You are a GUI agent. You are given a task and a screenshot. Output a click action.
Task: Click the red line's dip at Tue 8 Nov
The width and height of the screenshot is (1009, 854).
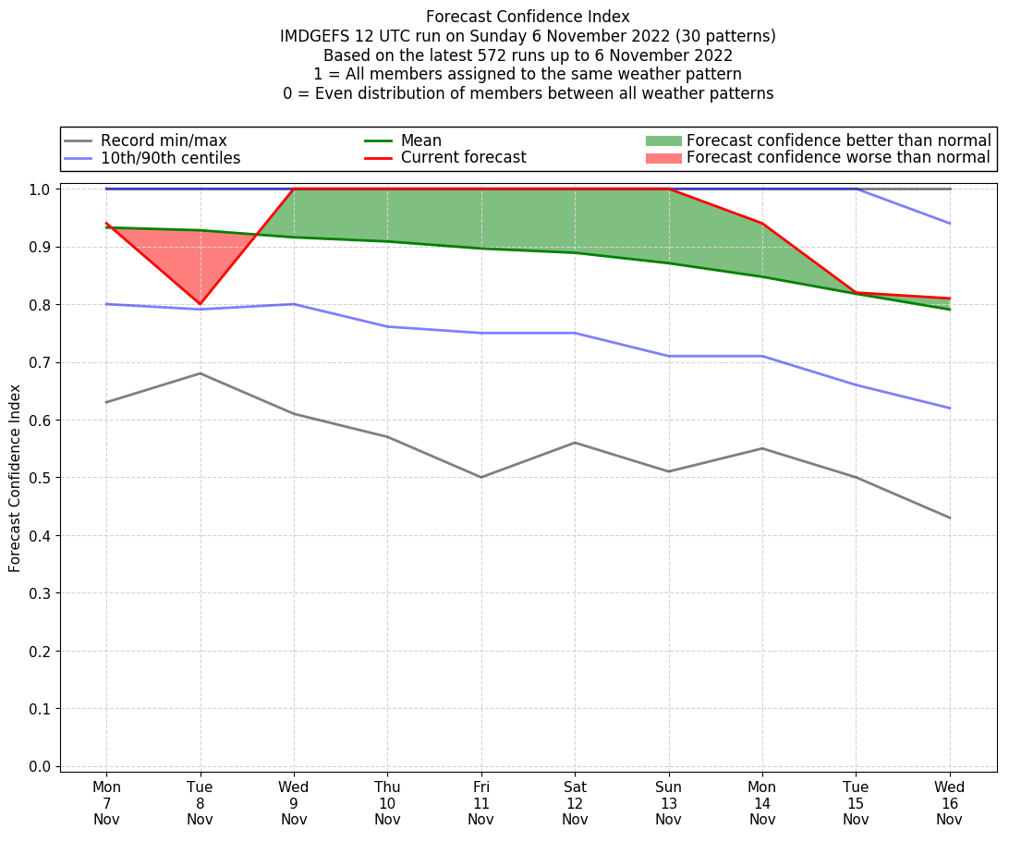click(200, 303)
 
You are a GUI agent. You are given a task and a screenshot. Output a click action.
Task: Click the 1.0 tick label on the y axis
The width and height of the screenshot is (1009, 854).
click(42, 189)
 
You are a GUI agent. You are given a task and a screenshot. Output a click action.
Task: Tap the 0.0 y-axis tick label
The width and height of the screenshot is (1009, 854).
click(42, 766)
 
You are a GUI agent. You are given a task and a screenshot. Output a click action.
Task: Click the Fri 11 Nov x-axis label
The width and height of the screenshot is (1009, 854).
click(480, 803)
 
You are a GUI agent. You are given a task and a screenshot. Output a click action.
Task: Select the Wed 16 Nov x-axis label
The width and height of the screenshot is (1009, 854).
click(949, 803)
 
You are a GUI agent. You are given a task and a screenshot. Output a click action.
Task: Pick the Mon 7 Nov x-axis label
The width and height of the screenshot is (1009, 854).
click(106, 803)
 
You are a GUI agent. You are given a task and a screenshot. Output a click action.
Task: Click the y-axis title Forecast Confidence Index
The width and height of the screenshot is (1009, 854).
click(15, 479)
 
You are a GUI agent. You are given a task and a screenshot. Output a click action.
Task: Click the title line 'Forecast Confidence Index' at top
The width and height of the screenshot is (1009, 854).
click(528, 17)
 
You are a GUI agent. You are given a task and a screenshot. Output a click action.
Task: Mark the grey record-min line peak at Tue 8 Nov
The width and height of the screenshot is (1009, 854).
click(200, 373)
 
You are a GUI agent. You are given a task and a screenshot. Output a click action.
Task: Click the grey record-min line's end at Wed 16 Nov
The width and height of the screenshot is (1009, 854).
click(949, 518)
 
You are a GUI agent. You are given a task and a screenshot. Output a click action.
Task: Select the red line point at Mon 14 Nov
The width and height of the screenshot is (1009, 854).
click(762, 224)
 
